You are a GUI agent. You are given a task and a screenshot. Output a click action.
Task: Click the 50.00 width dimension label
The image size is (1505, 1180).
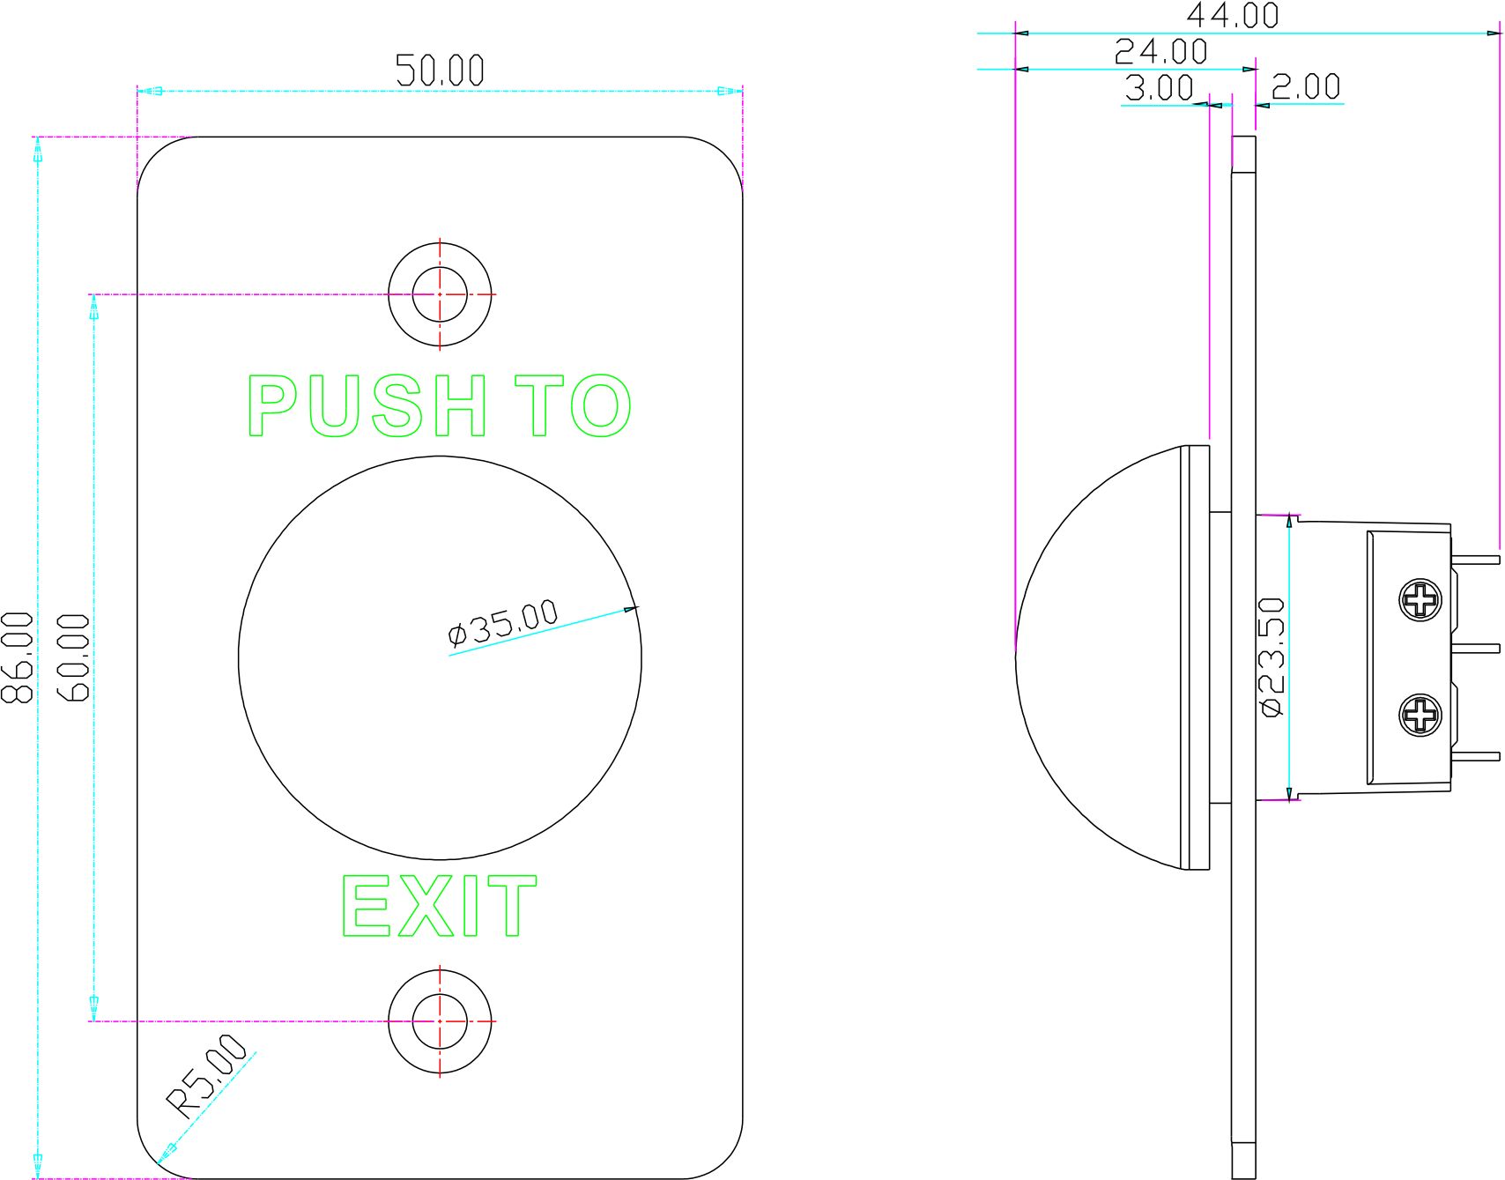(440, 71)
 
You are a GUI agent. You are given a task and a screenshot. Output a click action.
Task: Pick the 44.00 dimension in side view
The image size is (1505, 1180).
(1232, 15)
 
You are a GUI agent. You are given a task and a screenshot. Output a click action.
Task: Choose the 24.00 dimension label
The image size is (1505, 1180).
(1160, 52)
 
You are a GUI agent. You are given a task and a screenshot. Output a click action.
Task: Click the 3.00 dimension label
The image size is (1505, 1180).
(1159, 88)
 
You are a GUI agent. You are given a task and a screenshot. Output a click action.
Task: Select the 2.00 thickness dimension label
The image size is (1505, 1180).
(1305, 87)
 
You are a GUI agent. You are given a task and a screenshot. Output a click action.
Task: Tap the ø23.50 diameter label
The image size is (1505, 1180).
(1273, 657)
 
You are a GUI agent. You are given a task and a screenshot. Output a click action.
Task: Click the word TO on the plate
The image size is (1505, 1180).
(574, 405)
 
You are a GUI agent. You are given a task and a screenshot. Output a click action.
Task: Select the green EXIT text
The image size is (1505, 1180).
(439, 906)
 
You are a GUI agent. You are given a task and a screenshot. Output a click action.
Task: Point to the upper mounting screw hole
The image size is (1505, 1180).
(440, 294)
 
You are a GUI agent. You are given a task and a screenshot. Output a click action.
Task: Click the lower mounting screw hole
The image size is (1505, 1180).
(440, 1021)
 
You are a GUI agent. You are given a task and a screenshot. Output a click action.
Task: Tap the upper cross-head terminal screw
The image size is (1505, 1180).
(1420, 600)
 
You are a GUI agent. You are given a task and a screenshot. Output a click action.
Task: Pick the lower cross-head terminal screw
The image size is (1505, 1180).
(1420, 715)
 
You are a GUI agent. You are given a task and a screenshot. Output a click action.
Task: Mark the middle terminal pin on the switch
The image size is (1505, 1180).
(1475, 648)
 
